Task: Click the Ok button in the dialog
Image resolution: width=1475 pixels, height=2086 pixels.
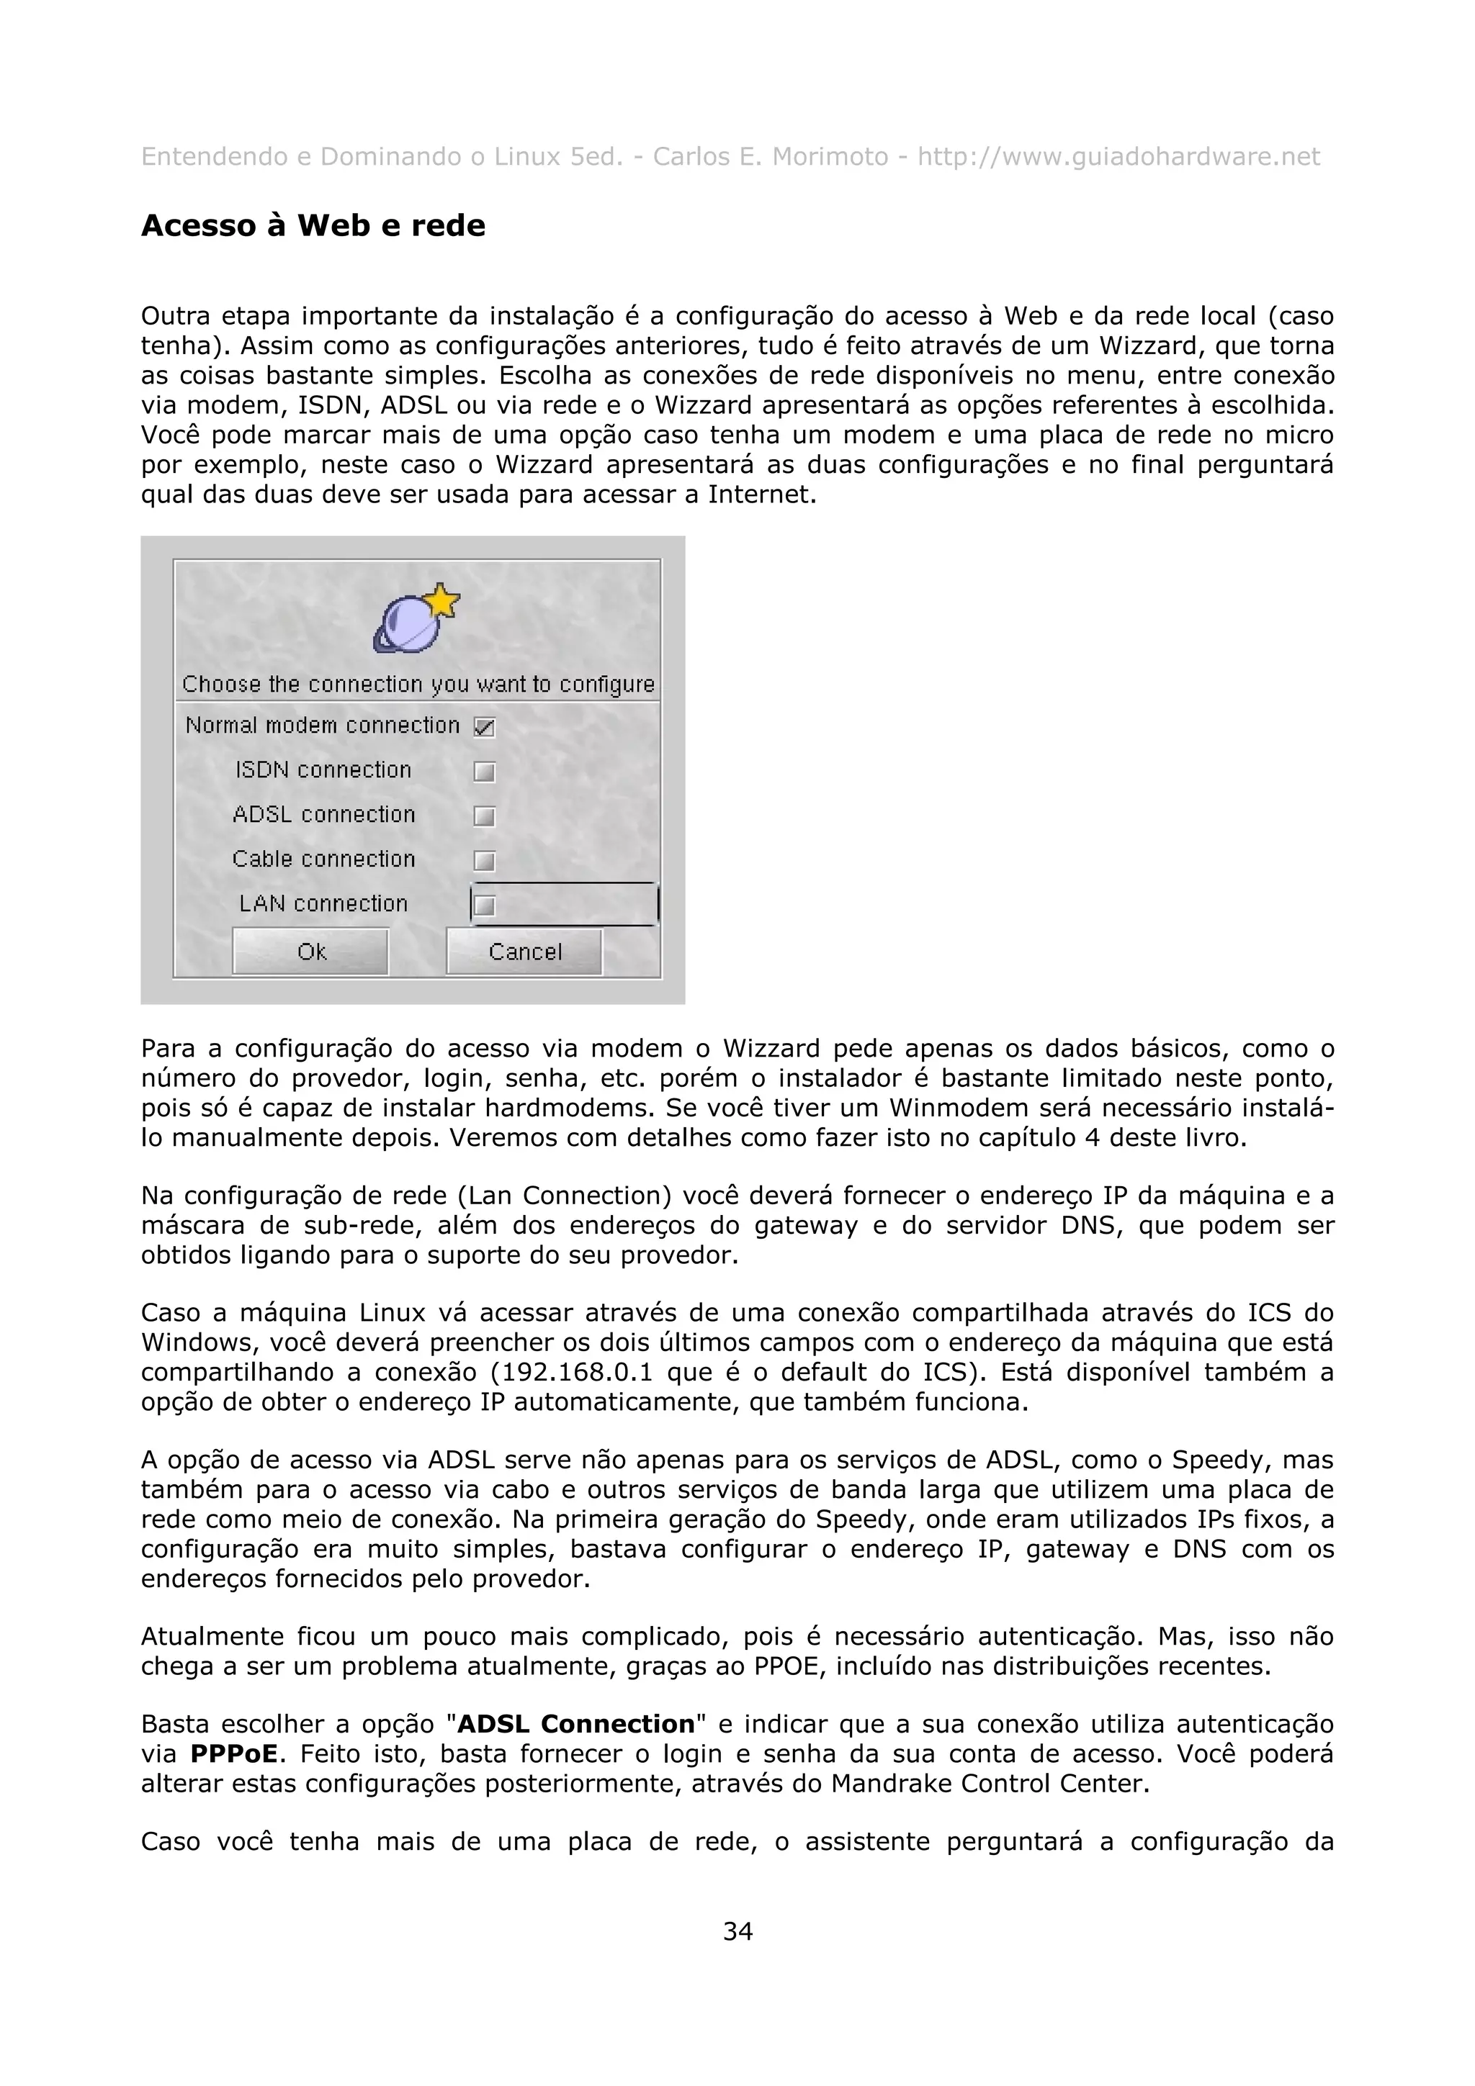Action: point(311,952)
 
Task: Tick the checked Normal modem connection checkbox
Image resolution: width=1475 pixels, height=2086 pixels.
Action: point(485,727)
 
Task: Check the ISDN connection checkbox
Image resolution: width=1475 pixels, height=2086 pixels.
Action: point(485,772)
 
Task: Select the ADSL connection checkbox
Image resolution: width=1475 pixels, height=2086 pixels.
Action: point(485,816)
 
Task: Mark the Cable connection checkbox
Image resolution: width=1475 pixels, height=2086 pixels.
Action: point(485,860)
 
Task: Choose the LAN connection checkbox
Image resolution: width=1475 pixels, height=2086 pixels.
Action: point(485,905)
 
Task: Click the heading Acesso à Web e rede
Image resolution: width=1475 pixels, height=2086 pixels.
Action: point(313,225)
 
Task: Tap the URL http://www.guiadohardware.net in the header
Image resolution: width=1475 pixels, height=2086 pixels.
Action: point(1118,157)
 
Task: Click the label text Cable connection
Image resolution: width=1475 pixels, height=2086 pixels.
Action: point(323,859)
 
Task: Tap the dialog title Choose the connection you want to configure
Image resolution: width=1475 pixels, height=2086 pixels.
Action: point(418,684)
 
